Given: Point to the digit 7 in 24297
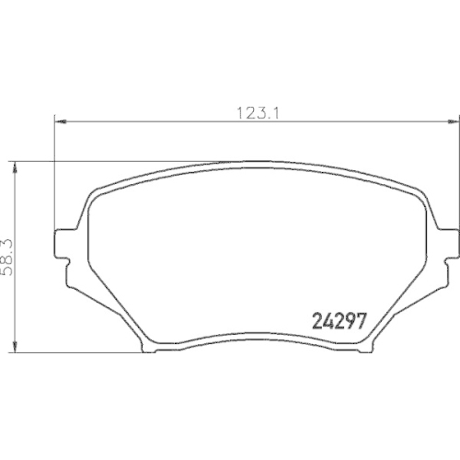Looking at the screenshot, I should [x=362, y=323].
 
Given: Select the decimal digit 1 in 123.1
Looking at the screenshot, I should [x=274, y=113].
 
